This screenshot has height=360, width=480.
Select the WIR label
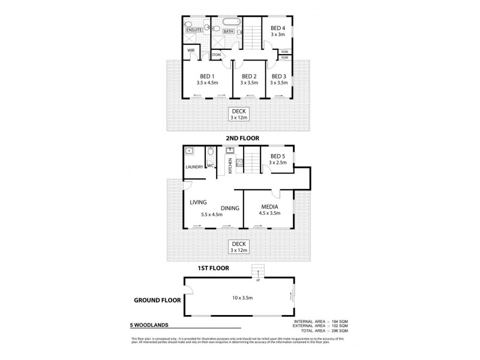(191, 50)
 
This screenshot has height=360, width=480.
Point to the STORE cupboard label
(216, 55)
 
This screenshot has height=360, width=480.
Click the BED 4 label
(277, 28)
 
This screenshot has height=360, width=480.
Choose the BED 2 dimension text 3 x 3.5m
(248, 83)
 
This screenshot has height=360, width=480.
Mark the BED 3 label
(278, 76)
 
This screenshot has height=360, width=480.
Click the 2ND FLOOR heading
(239, 137)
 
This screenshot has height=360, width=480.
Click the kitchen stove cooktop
(239, 161)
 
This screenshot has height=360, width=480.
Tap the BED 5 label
(277, 156)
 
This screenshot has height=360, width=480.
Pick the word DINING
(230, 208)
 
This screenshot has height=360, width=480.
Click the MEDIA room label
(268, 206)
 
